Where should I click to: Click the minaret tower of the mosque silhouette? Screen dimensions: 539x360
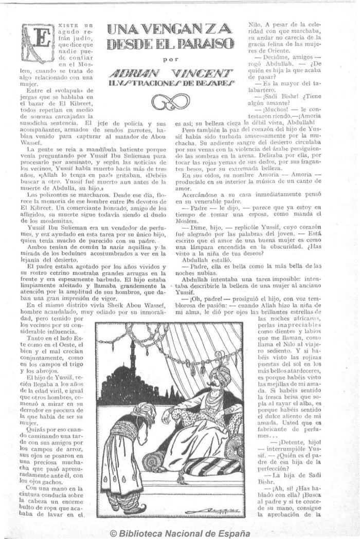click(133, 360)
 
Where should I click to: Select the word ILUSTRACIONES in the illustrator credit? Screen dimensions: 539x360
click(145, 83)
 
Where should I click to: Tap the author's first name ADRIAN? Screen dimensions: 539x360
click(137, 72)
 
